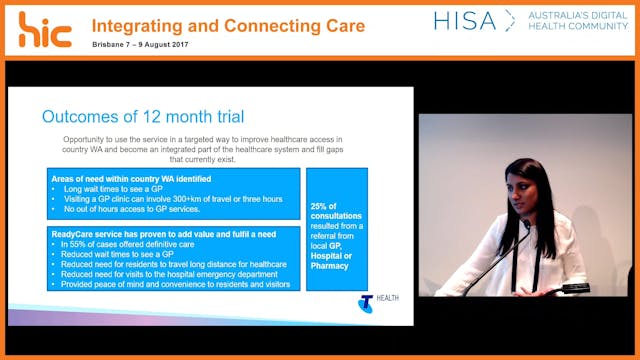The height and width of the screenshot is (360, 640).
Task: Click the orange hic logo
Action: tap(44, 30)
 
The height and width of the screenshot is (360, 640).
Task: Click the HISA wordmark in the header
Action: tap(465, 21)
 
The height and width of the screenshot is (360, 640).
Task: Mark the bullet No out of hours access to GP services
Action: tap(140, 210)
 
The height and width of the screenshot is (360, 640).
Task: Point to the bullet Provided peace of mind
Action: tap(176, 284)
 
